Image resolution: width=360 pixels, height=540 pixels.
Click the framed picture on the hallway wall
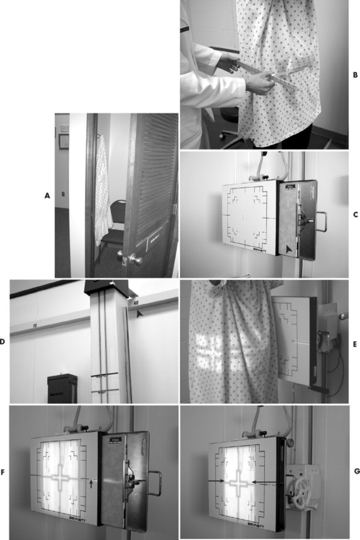64,141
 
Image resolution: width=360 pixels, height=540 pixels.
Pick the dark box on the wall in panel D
62,389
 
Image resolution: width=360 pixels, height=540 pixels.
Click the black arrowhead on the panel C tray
290,249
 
